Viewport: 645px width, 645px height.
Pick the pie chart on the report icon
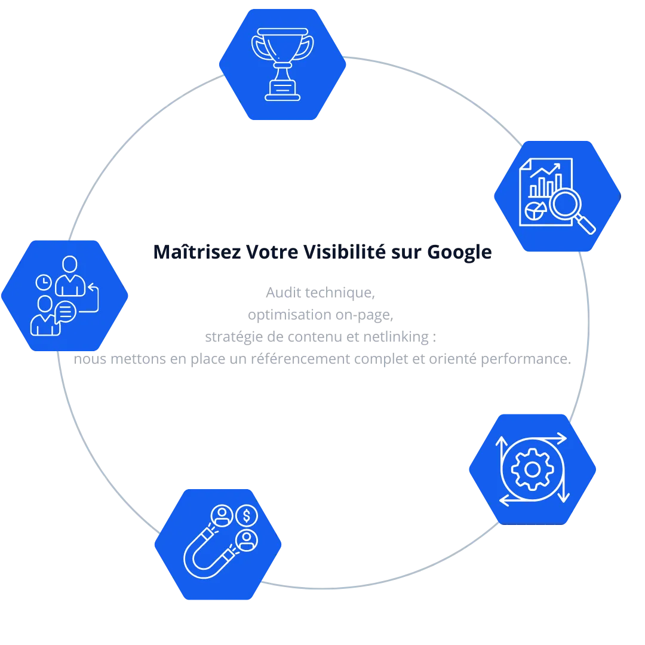click(x=533, y=210)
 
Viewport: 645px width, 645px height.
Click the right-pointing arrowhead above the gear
click(x=561, y=438)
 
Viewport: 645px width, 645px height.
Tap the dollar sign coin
click(x=246, y=515)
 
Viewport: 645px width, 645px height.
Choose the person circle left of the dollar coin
click(x=222, y=515)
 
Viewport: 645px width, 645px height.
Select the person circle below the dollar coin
click(x=246, y=540)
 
